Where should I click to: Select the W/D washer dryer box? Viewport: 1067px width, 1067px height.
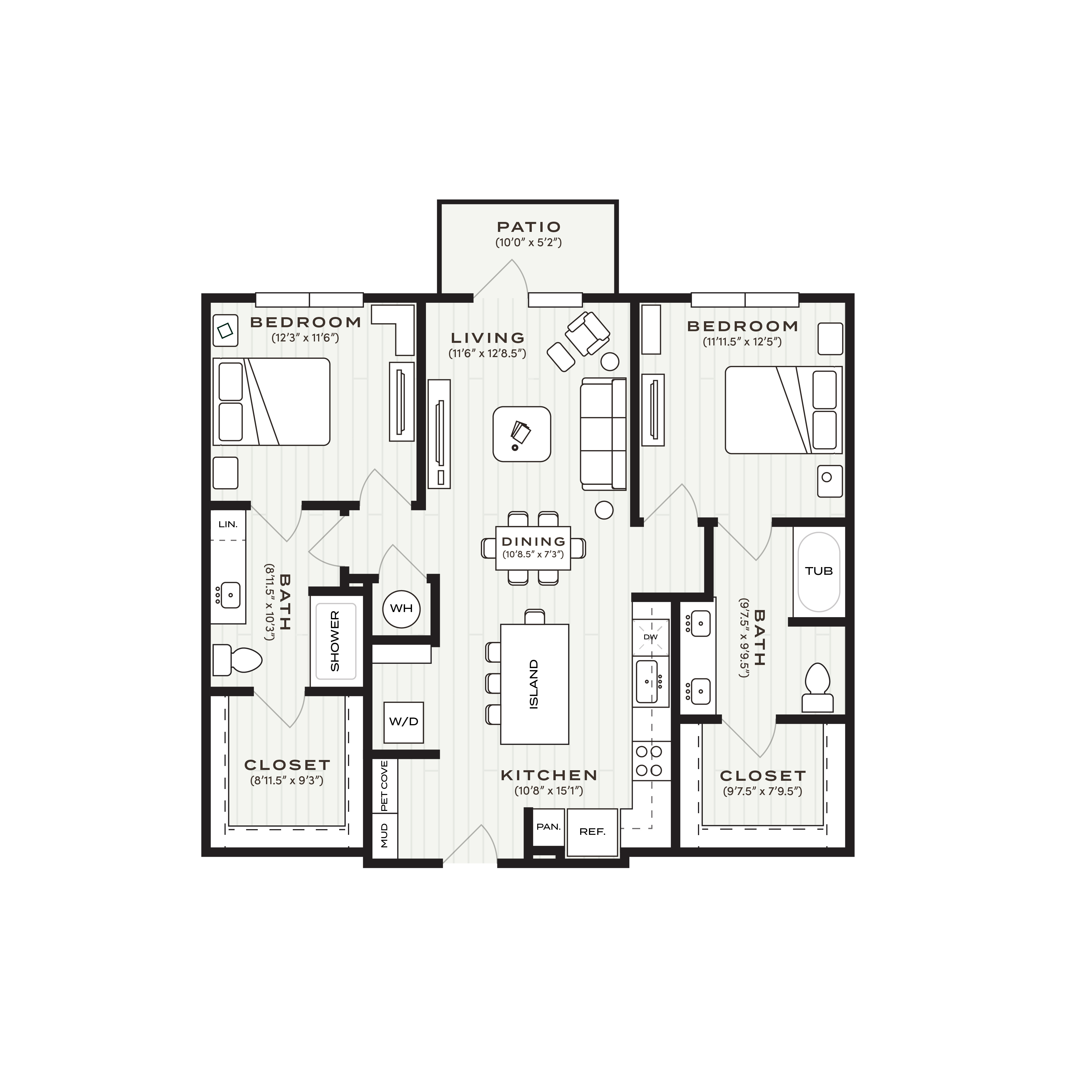(x=404, y=722)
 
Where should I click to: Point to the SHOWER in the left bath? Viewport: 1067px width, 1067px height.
(x=335, y=641)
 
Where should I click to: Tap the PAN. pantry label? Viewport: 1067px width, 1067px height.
(x=548, y=827)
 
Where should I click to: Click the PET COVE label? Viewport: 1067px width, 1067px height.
(x=384, y=786)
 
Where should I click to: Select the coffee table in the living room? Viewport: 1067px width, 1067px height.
(x=521, y=434)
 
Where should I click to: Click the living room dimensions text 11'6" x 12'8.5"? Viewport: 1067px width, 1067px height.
(x=487, y=353)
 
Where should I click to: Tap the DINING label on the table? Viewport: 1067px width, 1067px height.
(x=533, y=542)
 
